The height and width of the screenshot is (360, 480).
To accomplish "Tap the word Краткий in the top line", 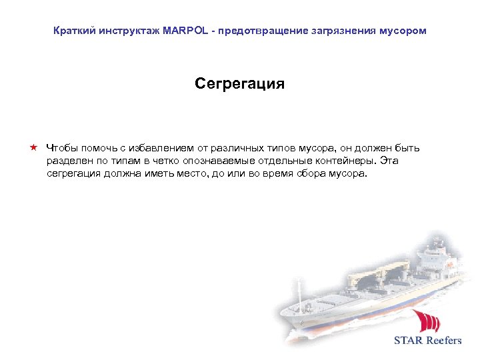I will tap(72, 31).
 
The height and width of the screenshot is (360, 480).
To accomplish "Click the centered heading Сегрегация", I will tap(239, 83).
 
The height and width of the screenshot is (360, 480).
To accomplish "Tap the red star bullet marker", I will tap(33, 147).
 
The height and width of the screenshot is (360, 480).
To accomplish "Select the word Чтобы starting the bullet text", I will tap(63, 148).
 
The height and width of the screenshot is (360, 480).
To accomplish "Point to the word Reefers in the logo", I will tap(444, 341).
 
